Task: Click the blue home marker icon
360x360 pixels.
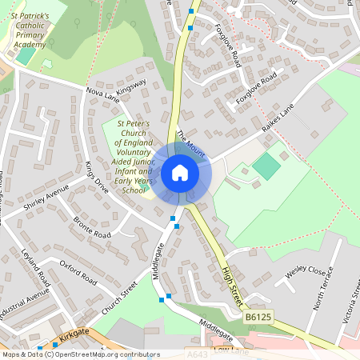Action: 180,172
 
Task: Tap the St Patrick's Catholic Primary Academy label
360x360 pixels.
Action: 31,30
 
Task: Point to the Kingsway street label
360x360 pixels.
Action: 132,87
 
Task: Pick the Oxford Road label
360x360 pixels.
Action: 78,270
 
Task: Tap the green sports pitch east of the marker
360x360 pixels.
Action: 267,166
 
